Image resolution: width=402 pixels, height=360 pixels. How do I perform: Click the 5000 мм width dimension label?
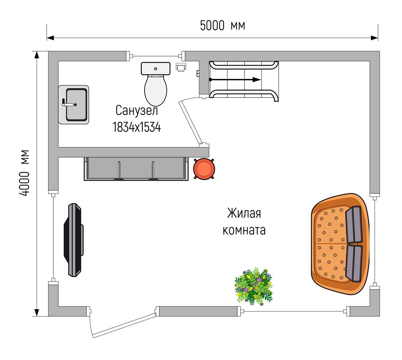(222, 26)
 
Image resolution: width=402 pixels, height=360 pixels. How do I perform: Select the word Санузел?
(137, 111)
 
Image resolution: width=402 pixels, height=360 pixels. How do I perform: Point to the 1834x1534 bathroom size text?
(137, 127)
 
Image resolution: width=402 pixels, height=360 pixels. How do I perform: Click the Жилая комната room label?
(244, 221)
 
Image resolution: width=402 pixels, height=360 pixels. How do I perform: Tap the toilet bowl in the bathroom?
(156, 90)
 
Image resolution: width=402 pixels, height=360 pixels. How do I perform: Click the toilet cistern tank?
(156, 68)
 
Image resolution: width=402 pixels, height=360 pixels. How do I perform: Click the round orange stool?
(204, 168)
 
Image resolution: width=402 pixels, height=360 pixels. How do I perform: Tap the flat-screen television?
(73, 240)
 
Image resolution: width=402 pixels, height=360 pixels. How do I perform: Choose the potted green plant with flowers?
(254, 286)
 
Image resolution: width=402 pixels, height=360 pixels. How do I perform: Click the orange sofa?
(340, 244)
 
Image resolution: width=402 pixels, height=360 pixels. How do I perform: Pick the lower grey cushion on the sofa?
(354, 263)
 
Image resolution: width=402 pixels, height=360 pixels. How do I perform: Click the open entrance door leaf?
(124, 324)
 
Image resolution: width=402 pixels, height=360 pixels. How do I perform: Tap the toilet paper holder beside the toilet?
(181, 67)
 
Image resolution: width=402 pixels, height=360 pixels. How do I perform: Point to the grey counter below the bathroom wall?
(136, 168)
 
